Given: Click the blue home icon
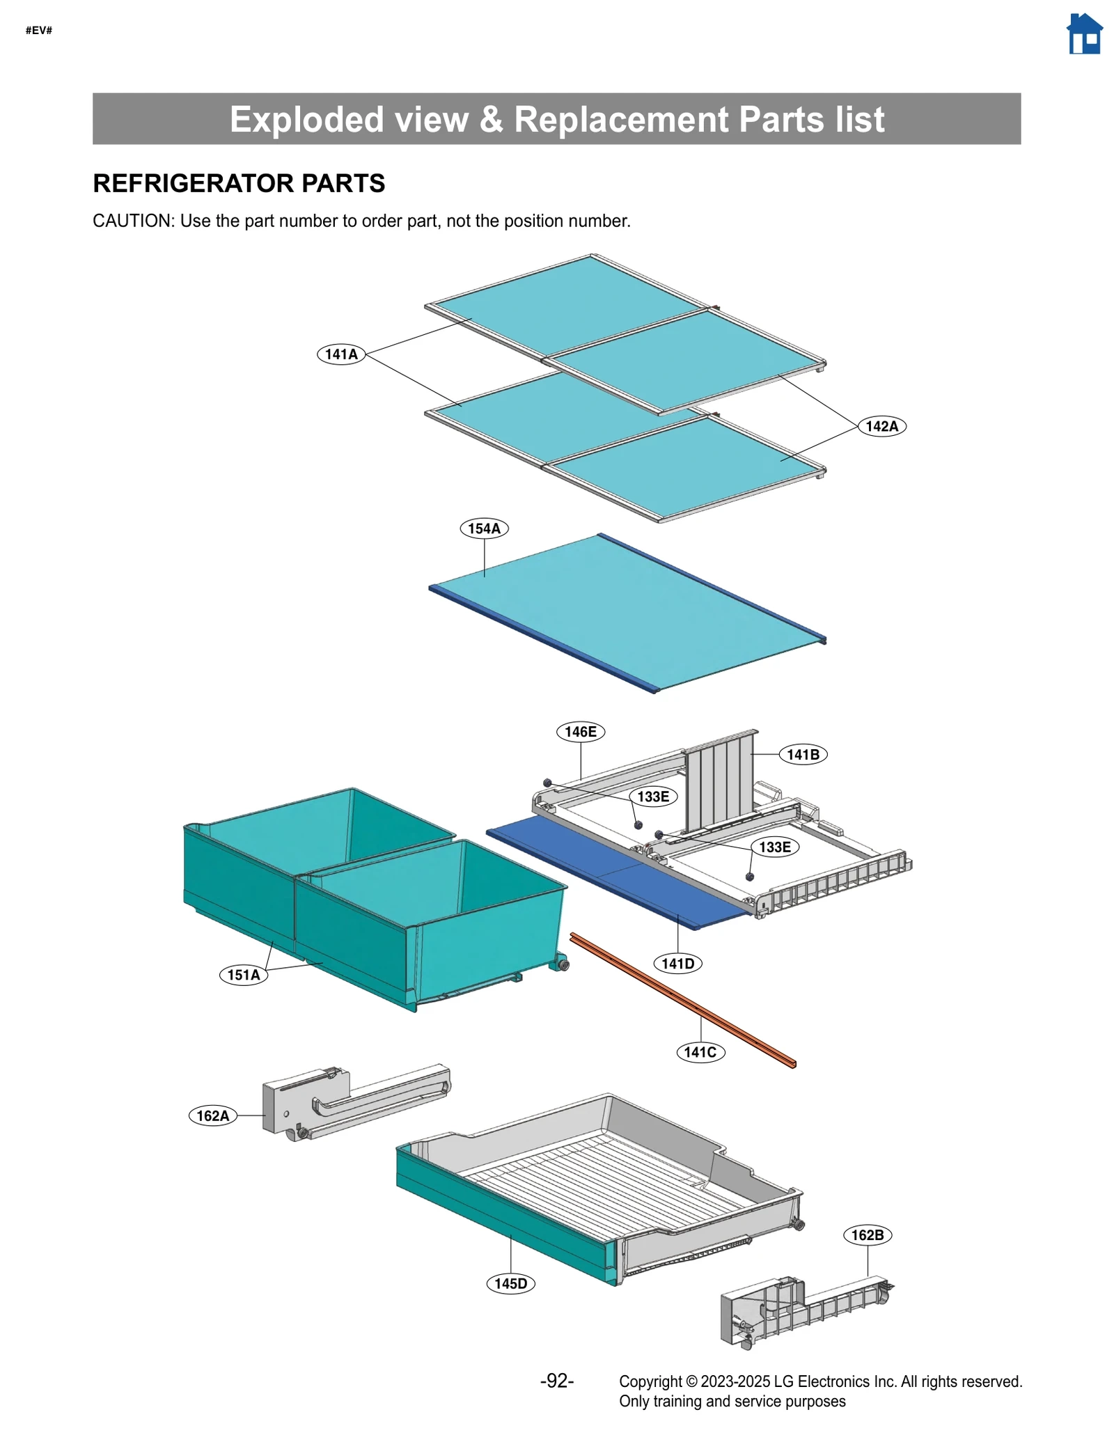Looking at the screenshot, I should tap(1084, 34).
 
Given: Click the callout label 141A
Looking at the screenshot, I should tap(341, 354).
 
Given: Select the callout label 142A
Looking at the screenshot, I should tap(881, 426).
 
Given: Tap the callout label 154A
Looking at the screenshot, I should tap(484, 528).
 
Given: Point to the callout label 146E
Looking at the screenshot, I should tap(580, 732).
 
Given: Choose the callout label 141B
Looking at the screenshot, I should tap(803, 754).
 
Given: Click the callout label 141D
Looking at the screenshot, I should tap(677, 964).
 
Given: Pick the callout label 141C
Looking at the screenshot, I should tap(700, 1052).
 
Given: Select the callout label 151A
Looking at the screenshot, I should tap(244, 975).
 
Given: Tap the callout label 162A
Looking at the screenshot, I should tap(212, 1115).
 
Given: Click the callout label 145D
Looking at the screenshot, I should tap(510, 1283).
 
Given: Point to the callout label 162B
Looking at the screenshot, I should tap(867, 1235).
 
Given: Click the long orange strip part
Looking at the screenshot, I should tap(682, 999).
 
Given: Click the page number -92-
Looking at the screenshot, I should tap(557, 1381).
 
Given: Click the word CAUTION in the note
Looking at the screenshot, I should tap(133, 221).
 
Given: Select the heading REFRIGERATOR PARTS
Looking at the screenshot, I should tap(239, 183).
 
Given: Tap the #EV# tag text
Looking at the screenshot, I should tap(39, 30).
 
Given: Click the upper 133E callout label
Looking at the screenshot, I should tap(653, 797).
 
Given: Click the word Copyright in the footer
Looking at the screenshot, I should tap(650, 1381).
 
